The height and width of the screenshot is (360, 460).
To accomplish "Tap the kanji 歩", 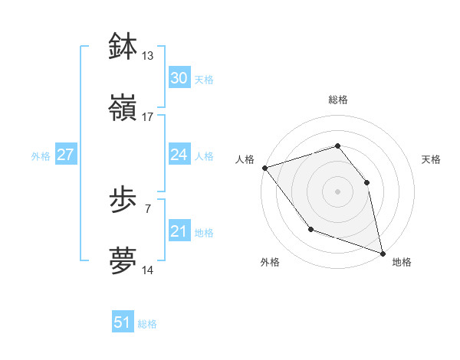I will [x=123, y=200].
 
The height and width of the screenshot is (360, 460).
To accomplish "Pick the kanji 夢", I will [x=123, y=260].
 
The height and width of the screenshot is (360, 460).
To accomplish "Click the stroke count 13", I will [x=148, y=56].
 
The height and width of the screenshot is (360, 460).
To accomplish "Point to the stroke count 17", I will [x=148, y=117].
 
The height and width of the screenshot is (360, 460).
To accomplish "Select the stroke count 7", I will [x=147, y=208].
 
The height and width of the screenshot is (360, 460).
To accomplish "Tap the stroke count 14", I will [x=148, y=270].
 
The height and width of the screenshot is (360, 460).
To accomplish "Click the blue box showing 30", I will [x=179, y=78].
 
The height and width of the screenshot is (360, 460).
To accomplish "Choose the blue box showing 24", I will [x=179, y=155].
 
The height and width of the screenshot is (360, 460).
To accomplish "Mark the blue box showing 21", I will [x=179, y=231].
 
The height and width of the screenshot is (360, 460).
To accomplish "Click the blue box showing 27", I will [x=65, y=155].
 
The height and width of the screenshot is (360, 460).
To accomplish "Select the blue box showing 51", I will [x=122, y=322].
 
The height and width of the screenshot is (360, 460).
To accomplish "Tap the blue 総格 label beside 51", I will [x=147, y=324].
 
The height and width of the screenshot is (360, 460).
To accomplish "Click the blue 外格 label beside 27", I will [x=41, y=156].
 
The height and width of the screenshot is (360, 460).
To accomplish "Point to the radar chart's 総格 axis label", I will [x=337, y=100].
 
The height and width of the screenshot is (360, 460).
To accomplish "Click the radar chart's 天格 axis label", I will [x=432, y=159].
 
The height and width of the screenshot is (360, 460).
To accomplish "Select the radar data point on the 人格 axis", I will [x=264, y=168].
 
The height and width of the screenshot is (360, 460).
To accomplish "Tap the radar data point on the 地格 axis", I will [x=382, y=252].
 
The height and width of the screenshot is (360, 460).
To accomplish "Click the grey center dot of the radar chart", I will [x=337, y=191].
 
